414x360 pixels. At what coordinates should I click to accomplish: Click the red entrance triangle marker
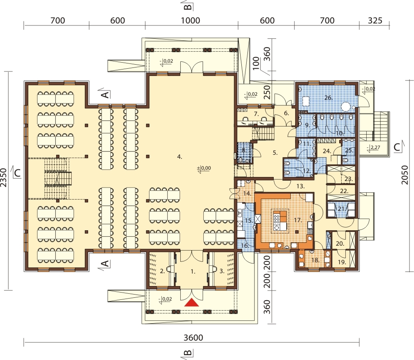(x=191, y=303)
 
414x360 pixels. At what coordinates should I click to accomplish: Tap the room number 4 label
(x=180, y=157)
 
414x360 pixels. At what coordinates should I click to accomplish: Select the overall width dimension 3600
(x=193, y=337)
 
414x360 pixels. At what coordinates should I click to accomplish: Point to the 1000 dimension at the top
(x=190, y=20)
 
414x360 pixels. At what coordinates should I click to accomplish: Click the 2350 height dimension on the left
(x=3, y=177)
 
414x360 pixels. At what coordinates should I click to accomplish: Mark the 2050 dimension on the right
(x=404, y=175)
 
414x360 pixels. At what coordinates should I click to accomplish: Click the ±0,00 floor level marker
(x=204, y=168)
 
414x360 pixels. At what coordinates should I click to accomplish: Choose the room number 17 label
(x=298, y=220)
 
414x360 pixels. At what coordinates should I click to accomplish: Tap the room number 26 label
(x=328, y=98)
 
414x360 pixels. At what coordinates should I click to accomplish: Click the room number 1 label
(x=193, y=272)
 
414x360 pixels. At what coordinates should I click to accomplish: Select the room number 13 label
(x=300, y=186)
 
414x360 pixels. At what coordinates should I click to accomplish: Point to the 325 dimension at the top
(x=375, y=20)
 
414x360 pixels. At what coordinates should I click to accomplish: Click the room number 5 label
(x=275, y=153)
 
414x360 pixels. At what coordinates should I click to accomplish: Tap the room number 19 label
(x=342, y=262)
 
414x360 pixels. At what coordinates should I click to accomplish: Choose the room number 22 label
(x=344, y=191)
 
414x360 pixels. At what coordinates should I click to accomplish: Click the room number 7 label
(x=256, y=114)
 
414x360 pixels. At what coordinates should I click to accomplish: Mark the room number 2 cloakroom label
(x=163, y=271)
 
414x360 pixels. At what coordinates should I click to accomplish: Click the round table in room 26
(x=346, y=107)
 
